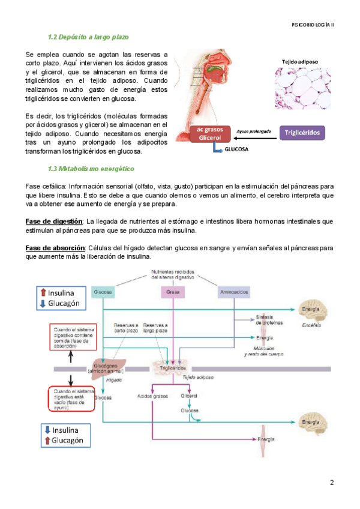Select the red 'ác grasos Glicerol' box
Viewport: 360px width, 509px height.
pos(206,133)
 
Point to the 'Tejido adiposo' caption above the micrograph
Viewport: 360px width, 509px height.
pos(299,61)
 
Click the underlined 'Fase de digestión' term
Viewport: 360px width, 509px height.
pos(53,221)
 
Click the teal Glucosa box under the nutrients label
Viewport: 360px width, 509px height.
pos(103,292)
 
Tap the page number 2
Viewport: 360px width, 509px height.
pos(331,483)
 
